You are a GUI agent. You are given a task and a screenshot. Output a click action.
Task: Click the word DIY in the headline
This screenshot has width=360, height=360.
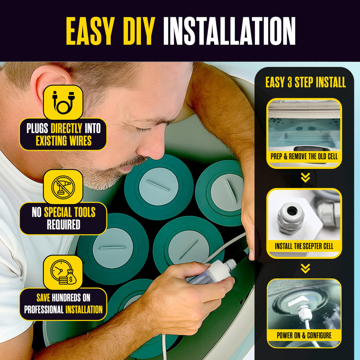[137, 31]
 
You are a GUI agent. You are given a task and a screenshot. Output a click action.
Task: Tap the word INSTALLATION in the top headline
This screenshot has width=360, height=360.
[229, 31]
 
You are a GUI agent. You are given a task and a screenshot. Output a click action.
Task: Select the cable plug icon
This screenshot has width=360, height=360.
[63, 102]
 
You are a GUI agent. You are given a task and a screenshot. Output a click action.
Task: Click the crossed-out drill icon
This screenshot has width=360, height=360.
[63, 187]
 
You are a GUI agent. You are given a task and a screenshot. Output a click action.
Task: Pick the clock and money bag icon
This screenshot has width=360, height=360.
[63, 272]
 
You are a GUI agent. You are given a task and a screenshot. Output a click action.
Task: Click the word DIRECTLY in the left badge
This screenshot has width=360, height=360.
[66, 128]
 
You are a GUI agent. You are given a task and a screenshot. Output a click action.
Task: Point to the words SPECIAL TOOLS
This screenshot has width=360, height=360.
[70, 212]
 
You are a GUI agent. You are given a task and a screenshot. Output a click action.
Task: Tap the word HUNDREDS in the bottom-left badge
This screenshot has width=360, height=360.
[66, 298]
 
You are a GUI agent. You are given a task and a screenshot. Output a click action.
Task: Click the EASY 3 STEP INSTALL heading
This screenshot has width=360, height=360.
[306, 82]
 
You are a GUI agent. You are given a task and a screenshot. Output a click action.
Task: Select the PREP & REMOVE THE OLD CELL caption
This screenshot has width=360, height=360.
[304, 156]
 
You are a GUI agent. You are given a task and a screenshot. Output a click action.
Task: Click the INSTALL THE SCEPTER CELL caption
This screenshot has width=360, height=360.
[304, 246]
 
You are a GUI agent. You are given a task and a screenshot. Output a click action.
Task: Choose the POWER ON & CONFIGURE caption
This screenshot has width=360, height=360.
[304, 335]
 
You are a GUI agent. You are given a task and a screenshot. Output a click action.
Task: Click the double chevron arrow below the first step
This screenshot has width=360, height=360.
[306, 178]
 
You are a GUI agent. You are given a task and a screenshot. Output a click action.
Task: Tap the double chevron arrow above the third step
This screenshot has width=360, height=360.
[306, 268]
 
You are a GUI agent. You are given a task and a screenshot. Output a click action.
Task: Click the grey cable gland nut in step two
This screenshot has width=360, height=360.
[291, 218]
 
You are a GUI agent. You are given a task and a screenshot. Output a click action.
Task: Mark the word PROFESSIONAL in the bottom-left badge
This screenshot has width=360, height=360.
[44, 309]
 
